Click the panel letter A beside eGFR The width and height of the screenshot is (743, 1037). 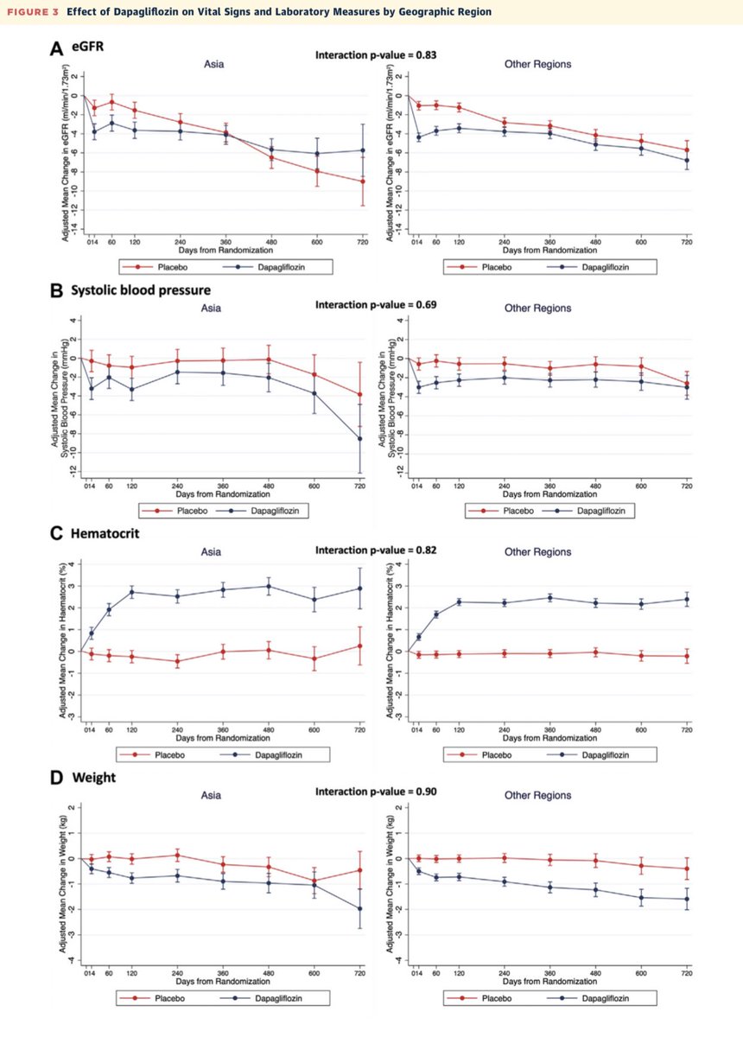click(54, 54)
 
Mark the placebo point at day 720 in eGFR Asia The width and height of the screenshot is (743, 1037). click(362, 181)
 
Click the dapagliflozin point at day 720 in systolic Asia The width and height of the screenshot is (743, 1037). click(362, 439)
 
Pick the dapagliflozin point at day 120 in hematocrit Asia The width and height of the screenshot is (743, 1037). click(132, 592)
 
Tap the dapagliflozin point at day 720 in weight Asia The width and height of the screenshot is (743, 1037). click(362, 908)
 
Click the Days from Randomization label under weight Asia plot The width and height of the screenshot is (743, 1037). click(223, 981)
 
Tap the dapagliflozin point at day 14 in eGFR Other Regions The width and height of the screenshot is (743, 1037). click(419, 137)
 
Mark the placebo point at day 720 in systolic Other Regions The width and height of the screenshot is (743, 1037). click(687, 384)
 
